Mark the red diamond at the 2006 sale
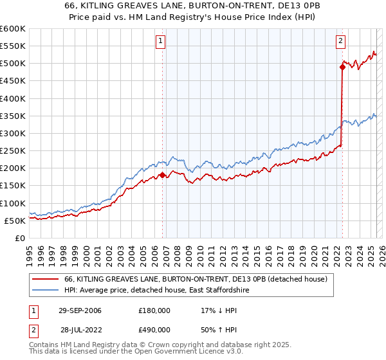(163, 175)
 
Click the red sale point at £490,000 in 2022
(342, 67)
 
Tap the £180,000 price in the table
(154, 310)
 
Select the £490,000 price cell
(154, 332)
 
